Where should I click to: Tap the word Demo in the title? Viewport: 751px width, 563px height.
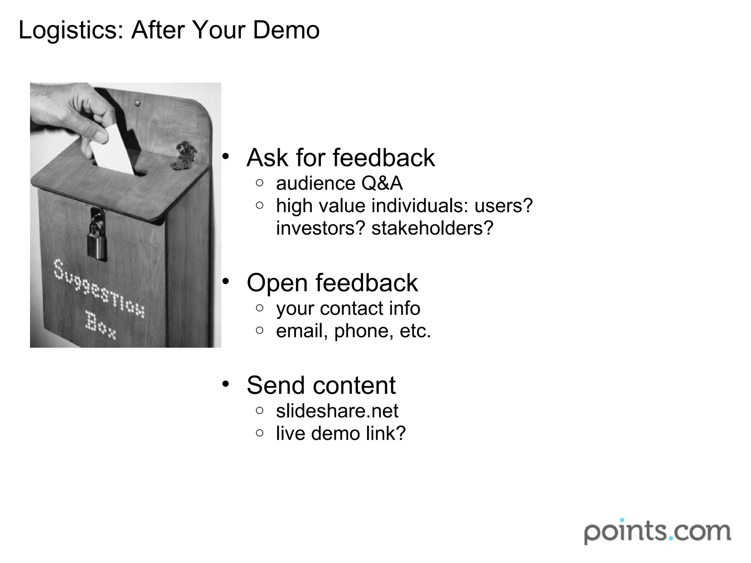[286, 30]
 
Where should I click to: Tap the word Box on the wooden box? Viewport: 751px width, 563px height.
[100, 325]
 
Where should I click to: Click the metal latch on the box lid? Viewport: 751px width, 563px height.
[185, 156]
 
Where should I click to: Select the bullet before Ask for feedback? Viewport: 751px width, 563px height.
[226, 157]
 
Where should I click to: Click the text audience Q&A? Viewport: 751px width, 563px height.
[339, 183]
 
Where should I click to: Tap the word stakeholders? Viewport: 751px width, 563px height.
[432, 228]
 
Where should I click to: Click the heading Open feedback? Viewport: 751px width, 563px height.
[332, 283]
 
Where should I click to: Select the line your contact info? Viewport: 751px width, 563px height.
[348, 308]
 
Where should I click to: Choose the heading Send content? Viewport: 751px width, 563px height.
[321, 386]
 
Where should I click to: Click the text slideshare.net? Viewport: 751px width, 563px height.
[337, 411]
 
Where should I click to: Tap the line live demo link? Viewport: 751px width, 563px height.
[341, 434]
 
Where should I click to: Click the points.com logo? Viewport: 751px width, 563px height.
[657, 531]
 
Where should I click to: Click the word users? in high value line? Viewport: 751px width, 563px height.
[503, 206]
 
